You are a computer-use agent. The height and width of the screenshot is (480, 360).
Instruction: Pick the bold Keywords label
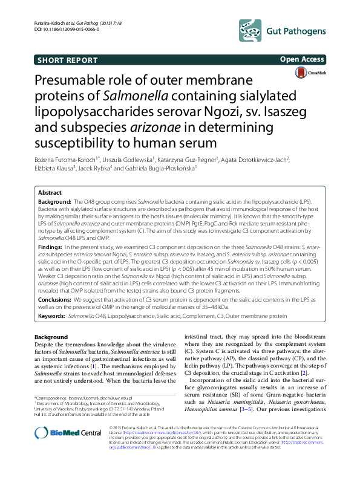tap(52, 316)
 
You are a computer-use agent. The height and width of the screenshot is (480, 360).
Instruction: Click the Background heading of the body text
tap(51, 337)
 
